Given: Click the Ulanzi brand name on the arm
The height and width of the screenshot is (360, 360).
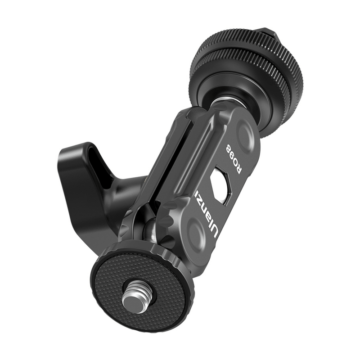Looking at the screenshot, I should point(206,212).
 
